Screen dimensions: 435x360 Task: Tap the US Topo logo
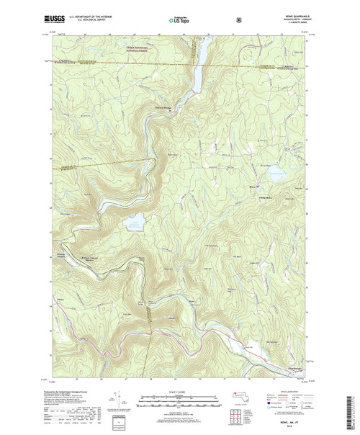pos(180,14)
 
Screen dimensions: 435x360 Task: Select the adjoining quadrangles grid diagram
pos(235,416)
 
